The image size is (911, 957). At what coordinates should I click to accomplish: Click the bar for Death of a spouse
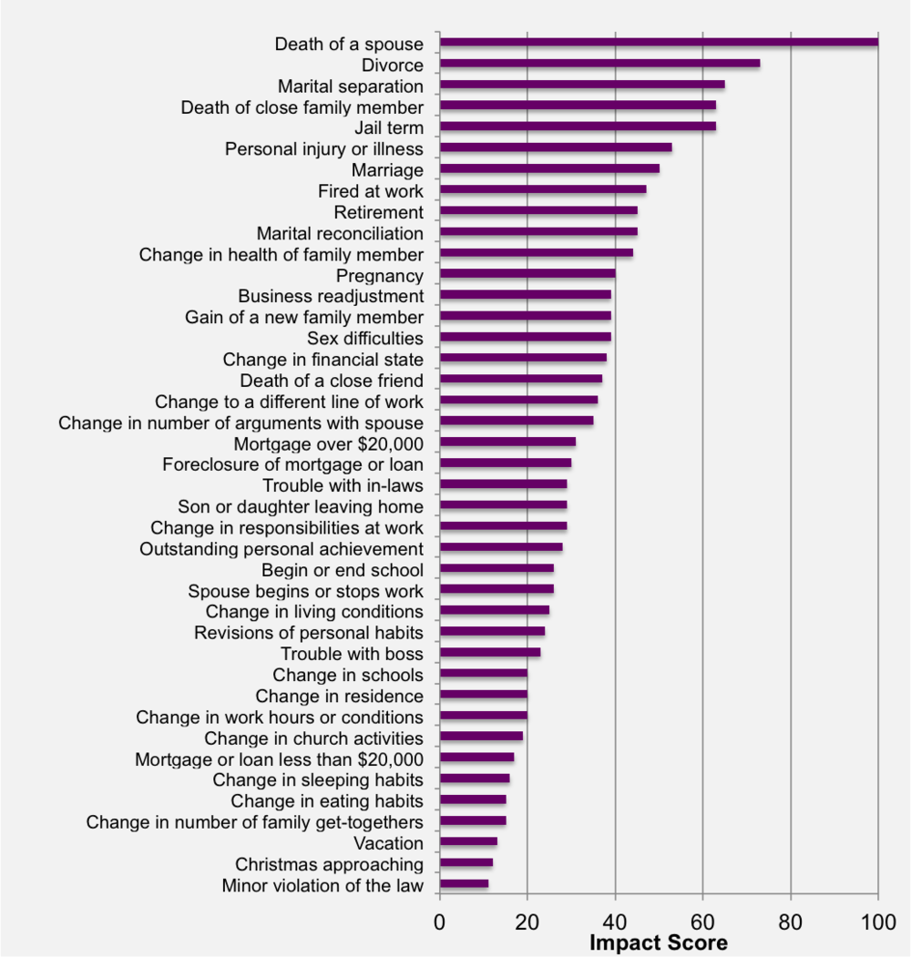coord(659,42)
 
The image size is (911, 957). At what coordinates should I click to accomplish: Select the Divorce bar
coord(599,64)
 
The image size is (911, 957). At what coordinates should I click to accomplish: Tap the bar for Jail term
coord(578,127)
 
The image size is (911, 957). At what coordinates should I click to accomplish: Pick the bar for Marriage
coord(549,168)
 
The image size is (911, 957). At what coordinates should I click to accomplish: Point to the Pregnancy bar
coord(527,273)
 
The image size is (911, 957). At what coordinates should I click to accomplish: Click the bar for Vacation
coord(468,841)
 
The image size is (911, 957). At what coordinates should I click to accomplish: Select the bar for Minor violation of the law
coord(464,883)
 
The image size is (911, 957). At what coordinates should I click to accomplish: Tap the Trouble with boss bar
coord(490,652)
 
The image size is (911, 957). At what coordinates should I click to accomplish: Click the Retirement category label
coord(378,212)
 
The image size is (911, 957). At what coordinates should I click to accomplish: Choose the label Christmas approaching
coord(329,864)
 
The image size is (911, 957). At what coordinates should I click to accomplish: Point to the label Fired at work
coord(370,191)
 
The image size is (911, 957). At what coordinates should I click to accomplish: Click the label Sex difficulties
coord(364,339)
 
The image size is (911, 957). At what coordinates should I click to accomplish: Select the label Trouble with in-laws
coord(343,485)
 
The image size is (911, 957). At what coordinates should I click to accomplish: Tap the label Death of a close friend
coord(332,381)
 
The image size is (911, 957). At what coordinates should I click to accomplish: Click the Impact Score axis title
coord(659,942)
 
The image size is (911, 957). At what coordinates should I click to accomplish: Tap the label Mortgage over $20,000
coord(328,443)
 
